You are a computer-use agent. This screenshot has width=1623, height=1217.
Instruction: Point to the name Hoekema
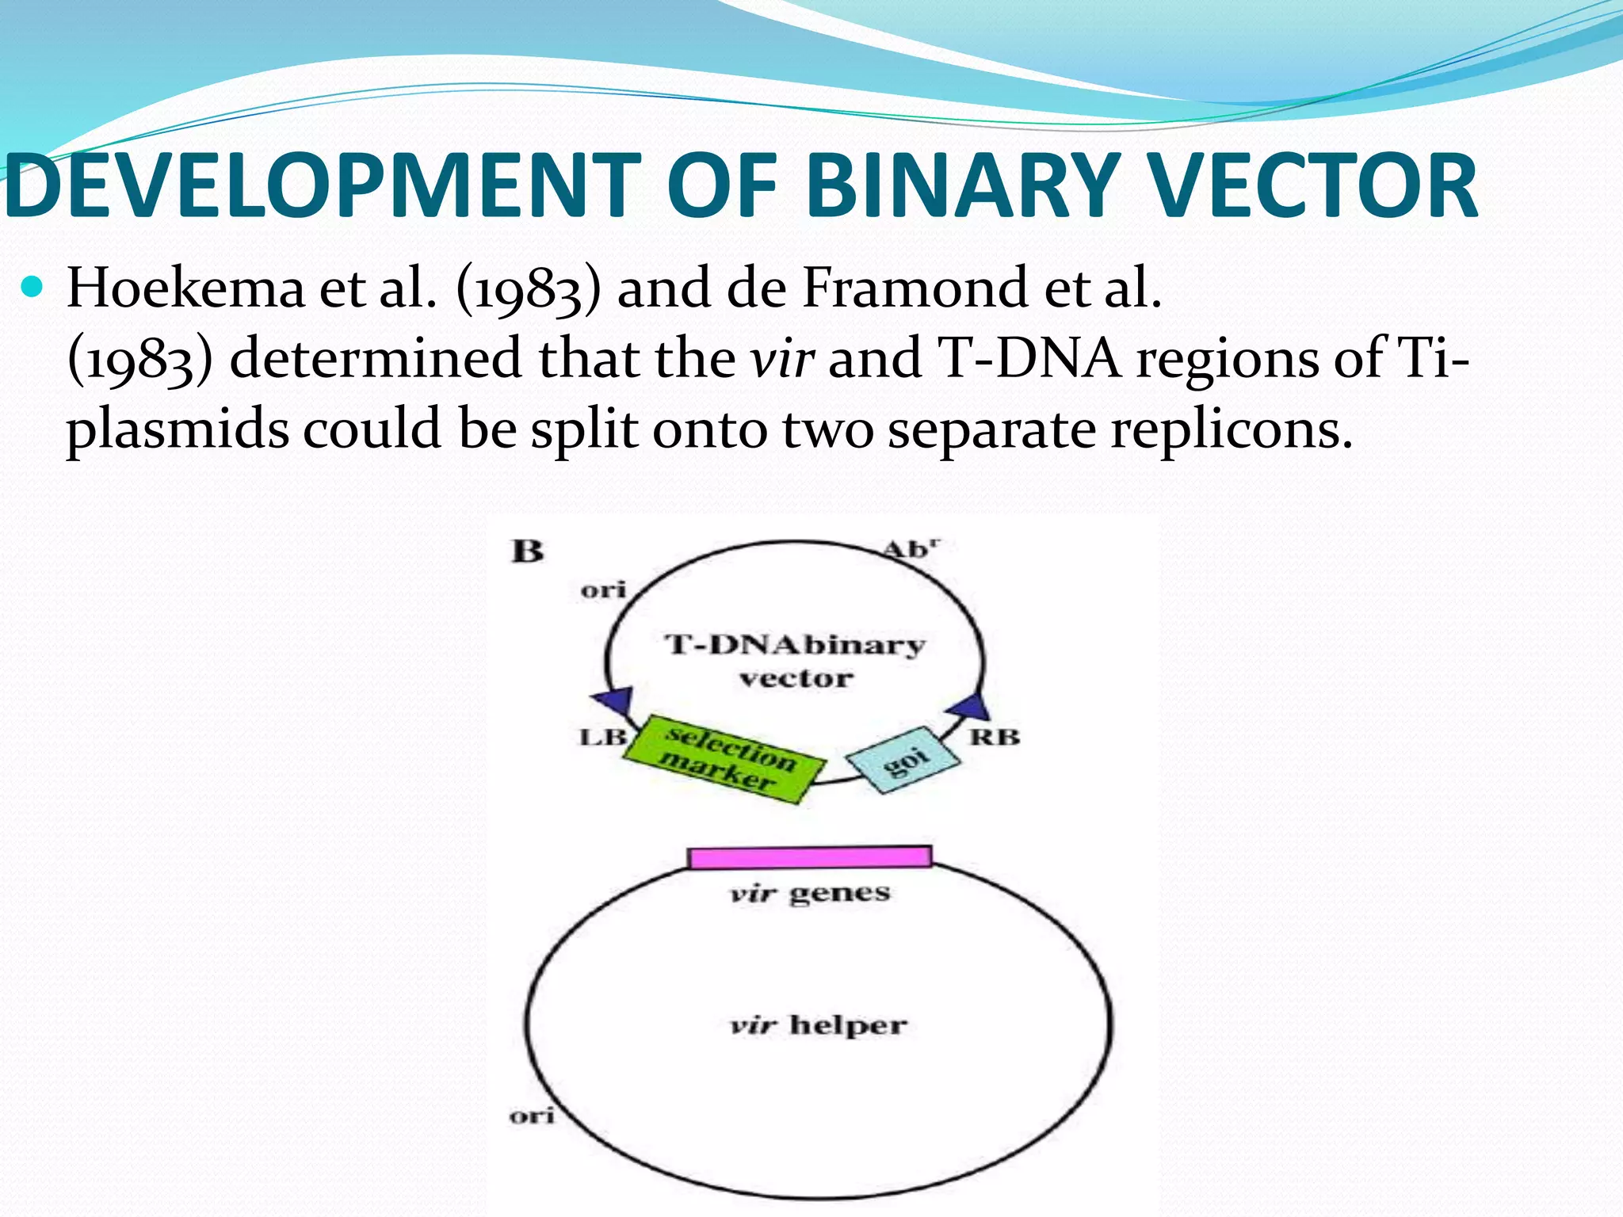click(x=185, y=288)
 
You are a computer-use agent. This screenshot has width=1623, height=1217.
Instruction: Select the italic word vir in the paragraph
click(x=782, y=359)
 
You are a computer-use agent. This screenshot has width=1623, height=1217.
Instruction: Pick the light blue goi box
click(x=903, y=759)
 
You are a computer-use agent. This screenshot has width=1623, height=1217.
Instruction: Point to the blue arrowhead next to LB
click(x=614, y=700)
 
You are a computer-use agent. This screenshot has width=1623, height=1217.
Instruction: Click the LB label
click(x=602, y=737)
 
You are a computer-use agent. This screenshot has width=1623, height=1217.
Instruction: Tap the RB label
click(x=995, y=737)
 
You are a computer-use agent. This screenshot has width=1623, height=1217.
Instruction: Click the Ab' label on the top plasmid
click(x=911, y=549)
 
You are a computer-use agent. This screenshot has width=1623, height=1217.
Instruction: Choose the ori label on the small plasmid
click(x=603, y=589)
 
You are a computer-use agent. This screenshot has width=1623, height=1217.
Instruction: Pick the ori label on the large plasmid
click(x=531, y=1116)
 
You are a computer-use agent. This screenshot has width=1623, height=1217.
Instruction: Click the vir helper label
click(x=818, y=1024)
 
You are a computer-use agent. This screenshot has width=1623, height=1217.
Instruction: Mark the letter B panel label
click(x=528, y=551)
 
